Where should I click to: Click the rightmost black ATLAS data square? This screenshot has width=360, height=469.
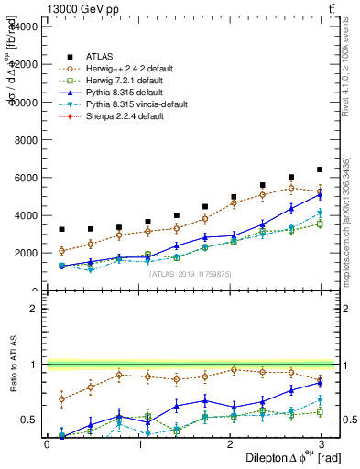[320, 169]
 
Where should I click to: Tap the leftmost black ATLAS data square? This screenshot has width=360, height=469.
[61, 230]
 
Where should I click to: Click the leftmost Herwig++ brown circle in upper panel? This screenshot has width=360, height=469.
[61, 251]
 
